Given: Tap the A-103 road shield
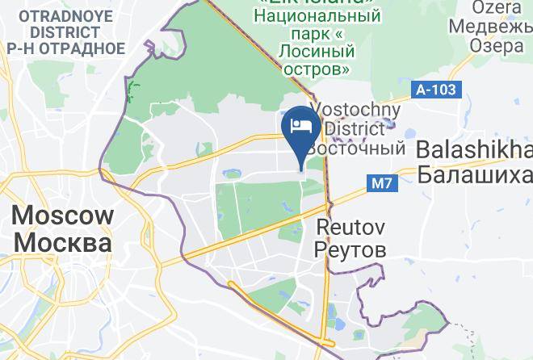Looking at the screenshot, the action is point(436,90).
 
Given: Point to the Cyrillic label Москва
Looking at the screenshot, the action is point(63,243).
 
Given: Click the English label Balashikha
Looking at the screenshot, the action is point(475,149).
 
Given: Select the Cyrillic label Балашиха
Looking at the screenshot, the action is point(475,174).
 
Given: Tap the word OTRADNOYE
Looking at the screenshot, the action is point(61,16).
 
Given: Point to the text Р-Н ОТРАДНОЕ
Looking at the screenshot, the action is point(65,48).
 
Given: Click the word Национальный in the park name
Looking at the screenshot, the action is point(317,15).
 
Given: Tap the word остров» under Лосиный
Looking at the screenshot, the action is point(317,69).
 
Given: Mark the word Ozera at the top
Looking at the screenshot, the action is point(497,6).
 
